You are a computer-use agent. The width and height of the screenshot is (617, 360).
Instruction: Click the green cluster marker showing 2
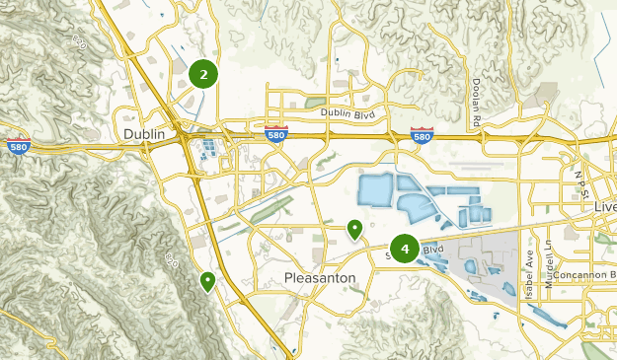203,73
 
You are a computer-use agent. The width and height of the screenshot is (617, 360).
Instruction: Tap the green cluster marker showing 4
405,249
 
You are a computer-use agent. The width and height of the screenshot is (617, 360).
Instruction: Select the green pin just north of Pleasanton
354,229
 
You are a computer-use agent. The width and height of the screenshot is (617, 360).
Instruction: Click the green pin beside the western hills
207,281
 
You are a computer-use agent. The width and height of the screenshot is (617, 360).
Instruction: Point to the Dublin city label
144,133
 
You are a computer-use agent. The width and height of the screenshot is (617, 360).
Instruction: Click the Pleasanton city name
319,278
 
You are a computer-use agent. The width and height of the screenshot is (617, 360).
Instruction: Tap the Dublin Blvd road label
348,112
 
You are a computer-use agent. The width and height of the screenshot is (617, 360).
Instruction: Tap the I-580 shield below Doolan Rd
422,134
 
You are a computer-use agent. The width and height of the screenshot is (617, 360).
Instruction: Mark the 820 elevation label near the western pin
170,258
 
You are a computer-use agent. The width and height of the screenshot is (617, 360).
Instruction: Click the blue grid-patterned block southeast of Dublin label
211,150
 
